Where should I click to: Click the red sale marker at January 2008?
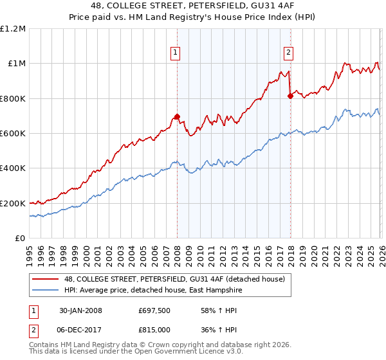point(177,117)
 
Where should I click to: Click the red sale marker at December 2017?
point(290,96)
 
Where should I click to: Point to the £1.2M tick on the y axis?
point(13,29)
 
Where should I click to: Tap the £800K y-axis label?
point(13,99)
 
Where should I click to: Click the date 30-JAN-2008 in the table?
point(84,310)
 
